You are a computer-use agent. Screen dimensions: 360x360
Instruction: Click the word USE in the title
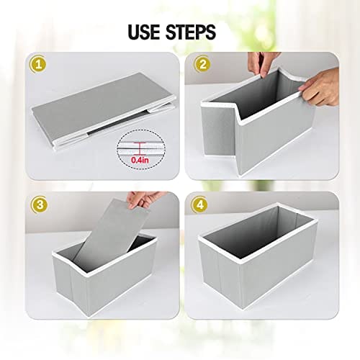click(x=144, y=32)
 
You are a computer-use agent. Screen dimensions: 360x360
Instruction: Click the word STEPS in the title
click(x=191, y=32)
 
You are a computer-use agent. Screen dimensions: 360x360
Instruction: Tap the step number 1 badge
click(x=38, y=65)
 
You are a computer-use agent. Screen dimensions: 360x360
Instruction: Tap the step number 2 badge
click(x=203, y=65)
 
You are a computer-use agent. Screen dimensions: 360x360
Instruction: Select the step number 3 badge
click(x=40, y=204)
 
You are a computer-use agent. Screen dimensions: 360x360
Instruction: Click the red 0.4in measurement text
click(x=140, y=160)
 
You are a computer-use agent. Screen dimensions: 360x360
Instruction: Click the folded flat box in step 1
click(x=103, y=113)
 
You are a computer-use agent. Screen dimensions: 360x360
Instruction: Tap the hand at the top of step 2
click(x=261, y=63)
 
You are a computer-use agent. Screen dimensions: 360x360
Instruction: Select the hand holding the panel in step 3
click(x=144, y=199)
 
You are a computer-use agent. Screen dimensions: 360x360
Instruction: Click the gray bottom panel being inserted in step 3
click(x=110, y=233)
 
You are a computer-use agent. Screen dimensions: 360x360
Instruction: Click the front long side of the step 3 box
click(x=121, y=276)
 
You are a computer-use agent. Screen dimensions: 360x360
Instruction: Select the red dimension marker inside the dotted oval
click(x=140, y=149)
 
